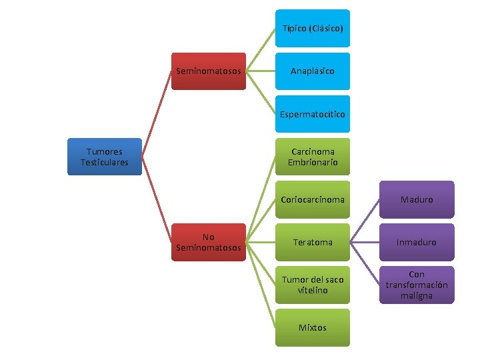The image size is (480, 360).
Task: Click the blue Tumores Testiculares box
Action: [x=105, y=157]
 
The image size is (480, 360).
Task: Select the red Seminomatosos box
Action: [x=209, y=71]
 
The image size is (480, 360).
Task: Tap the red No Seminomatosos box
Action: [x=209, y=243]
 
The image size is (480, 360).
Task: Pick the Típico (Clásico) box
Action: [x=313, y=28]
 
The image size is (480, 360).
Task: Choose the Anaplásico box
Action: [x=313, y=71]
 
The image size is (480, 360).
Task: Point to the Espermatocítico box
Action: [x=313, y=114]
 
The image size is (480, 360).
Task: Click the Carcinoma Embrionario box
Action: [x=313, y=157]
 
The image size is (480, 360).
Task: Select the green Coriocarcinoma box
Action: [x=313, y=199]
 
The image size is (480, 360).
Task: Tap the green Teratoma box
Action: [x=313, y=242]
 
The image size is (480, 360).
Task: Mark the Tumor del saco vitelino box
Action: [x=313, y=285]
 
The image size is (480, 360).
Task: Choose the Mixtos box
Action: [x=313, y=327]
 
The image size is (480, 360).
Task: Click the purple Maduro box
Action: [x=417, y=199]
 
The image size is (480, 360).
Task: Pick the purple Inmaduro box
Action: [x=417, y=242]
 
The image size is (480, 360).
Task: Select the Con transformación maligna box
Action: [x=417, y=285]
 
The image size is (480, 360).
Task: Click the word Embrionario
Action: [x=313, y=162]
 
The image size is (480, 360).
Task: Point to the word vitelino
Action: [x=313, y=290]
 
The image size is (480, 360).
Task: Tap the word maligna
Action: [x=417, y=295]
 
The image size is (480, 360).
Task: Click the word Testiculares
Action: [x=105, y=162]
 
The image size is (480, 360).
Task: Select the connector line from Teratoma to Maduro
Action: [x=365, y=221]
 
